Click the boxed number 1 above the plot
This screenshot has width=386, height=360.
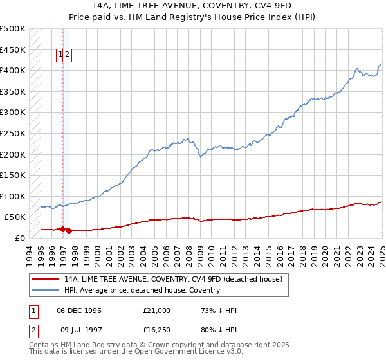coord(60,55)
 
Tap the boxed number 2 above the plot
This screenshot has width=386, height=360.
coord(67,55)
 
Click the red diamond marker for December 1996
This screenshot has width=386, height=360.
coord(62,229)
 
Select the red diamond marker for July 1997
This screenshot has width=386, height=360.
coord(69,231)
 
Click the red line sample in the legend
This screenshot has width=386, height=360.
coord(46,280)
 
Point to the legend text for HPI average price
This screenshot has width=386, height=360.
coord(142,290)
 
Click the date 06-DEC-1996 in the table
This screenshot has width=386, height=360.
coord(79,310)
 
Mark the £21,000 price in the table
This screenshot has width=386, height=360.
coord(157,310)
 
